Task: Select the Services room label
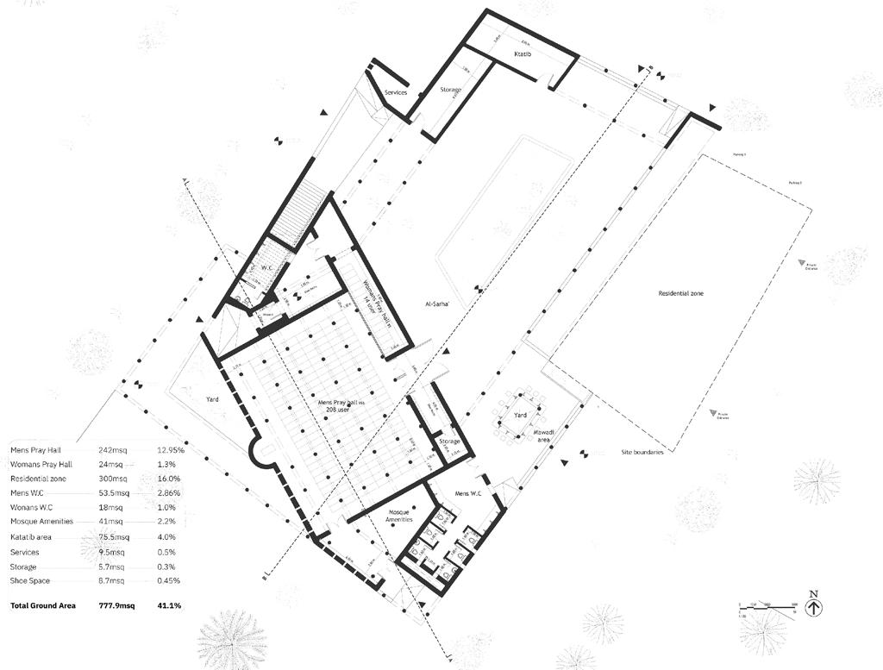coord(396,92)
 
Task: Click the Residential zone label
coord(681,294)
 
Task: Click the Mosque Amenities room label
coord(399,516)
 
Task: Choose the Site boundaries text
coord(642,452)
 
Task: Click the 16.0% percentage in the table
coord(168,479)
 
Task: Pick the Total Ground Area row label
coord(42,606)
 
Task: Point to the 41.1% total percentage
coord(169,606)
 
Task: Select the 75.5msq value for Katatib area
coord(114,537)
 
